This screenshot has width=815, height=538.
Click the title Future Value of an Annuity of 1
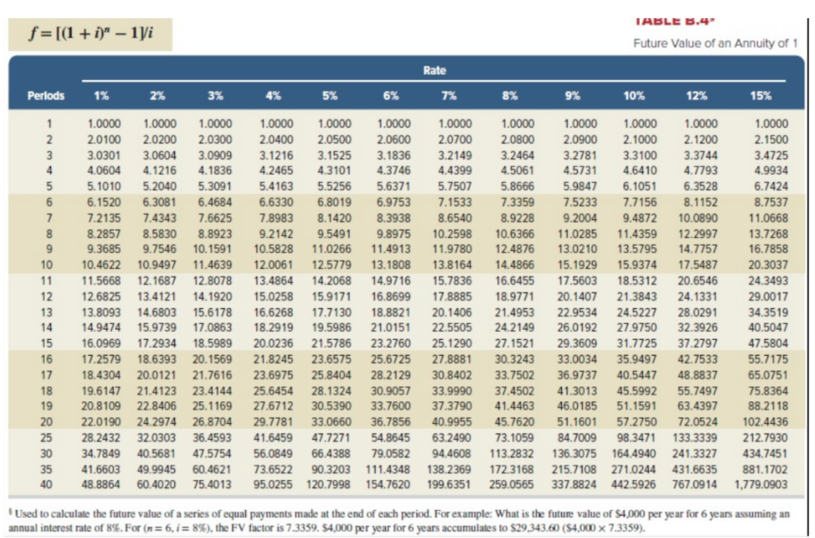(x=715, y=43)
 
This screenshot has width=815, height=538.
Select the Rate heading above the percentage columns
(x=434, y=70)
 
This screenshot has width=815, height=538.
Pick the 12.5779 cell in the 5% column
(x=335, y=263)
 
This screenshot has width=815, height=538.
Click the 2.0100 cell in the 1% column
(x=102, y=139)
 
